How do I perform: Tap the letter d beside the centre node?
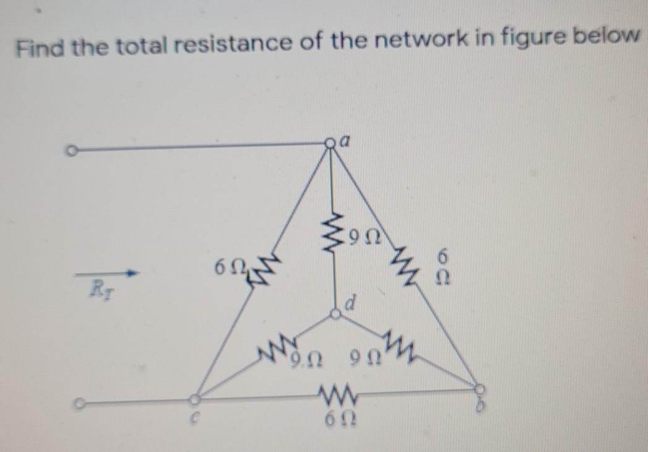pyautogui.click(x=350, y=305)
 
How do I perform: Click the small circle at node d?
pyautogui.click(x=335, y=315)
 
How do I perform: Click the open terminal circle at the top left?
pyautogui.click(x=72, y=150)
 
